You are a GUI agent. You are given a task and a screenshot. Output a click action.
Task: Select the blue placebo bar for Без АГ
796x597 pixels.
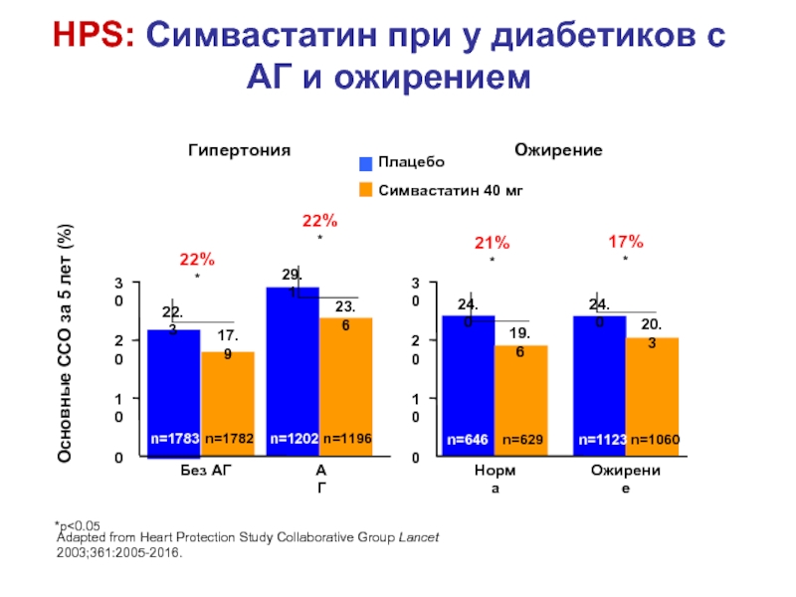174,393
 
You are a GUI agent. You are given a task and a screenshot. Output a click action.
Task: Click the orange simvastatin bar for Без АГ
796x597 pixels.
228,404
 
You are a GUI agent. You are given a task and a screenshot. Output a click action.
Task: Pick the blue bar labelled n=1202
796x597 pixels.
293,372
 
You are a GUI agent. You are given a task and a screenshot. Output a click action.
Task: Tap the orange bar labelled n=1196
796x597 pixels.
345,387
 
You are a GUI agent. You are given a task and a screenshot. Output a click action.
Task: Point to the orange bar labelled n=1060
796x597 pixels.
652,397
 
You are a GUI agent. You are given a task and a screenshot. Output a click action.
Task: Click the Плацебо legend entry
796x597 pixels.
402,162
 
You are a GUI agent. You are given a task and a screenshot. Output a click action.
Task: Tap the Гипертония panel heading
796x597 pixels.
240,150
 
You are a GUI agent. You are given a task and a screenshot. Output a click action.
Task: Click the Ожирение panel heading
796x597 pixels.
558,150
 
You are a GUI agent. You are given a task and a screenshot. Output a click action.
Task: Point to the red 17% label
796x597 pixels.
626,241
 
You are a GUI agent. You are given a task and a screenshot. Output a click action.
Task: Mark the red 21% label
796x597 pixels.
493,242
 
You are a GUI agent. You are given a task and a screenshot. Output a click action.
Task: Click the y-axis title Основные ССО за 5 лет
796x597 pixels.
66,343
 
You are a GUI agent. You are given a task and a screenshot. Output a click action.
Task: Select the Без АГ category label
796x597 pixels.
200,470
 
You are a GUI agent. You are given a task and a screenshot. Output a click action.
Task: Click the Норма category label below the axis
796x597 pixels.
494,479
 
